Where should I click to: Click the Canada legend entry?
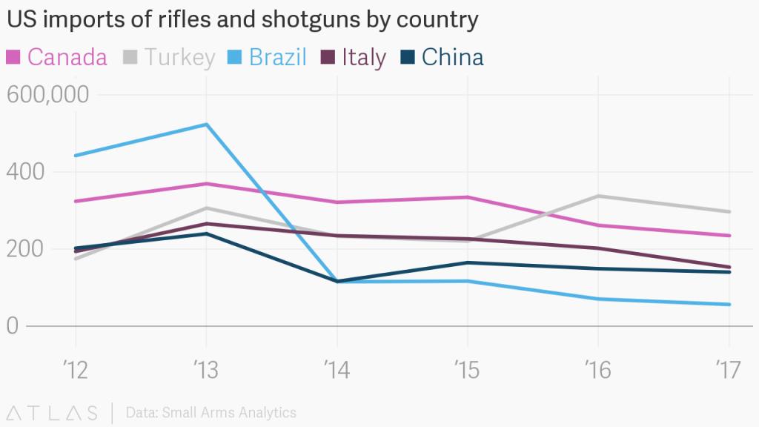[58, 57]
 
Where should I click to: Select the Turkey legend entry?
[170, 57]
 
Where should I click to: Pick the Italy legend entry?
[354, 57]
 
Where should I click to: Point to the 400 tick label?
[27, 172]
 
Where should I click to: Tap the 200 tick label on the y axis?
[27, 249]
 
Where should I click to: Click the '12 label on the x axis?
[76, 369]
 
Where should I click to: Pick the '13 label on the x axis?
[206, 369]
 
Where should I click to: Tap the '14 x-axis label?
[337, 369]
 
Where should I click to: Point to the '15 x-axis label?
[468, 369]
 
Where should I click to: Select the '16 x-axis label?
[598, 369]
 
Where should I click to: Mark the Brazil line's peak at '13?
[207, 125]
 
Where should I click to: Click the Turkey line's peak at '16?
[599, 196]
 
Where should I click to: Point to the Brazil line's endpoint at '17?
[730, 304]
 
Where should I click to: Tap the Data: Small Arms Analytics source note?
[211, 412]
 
